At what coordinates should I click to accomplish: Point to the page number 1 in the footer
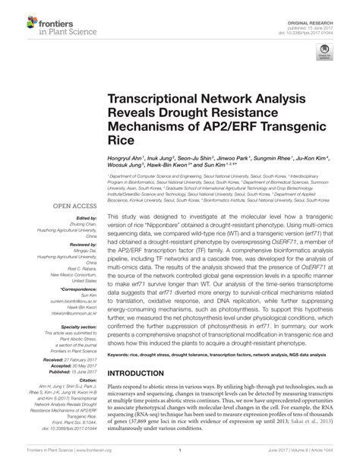179,460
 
